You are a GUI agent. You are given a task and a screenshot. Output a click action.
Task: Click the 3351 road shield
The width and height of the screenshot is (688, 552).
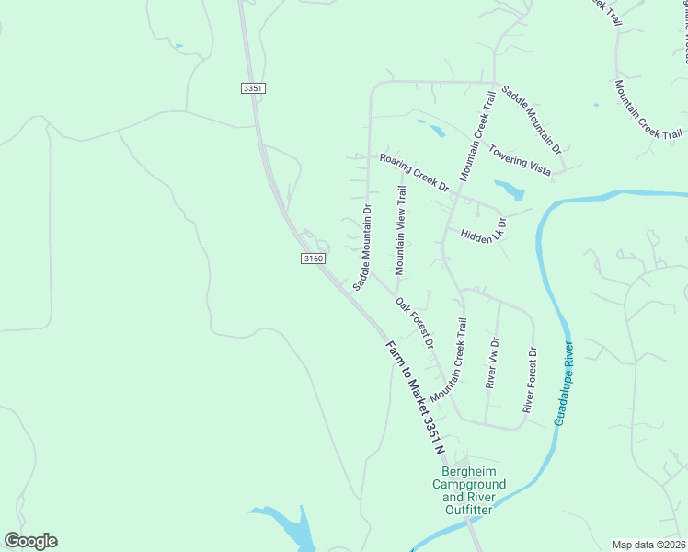253,88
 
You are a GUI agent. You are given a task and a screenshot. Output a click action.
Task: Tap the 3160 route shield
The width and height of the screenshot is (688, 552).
313,259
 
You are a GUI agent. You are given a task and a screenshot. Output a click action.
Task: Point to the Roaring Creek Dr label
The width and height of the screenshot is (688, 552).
414,172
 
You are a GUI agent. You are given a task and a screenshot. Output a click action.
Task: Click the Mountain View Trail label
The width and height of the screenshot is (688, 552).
400,230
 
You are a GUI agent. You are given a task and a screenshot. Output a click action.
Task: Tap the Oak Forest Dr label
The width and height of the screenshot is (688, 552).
415,322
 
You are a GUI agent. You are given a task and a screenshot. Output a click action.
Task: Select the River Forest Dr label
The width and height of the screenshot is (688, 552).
530,380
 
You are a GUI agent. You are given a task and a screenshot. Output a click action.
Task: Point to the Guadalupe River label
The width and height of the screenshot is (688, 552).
564,384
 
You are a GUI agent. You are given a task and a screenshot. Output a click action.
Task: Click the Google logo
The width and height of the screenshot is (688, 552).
30,541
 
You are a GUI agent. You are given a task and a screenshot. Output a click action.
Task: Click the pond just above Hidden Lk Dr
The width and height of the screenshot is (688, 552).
509,190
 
